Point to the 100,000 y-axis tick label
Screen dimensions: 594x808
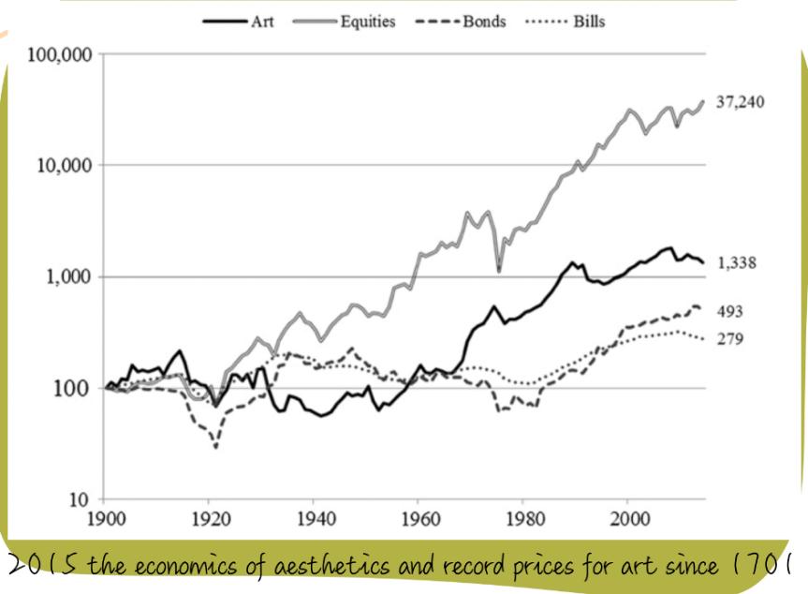tap(60, 54)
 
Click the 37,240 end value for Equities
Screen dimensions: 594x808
tap(740, 102)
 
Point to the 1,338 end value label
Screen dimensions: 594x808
tap(736, 263)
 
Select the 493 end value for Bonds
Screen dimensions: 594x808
tap(730, 311)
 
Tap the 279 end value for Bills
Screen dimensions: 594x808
tap(730, 339)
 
